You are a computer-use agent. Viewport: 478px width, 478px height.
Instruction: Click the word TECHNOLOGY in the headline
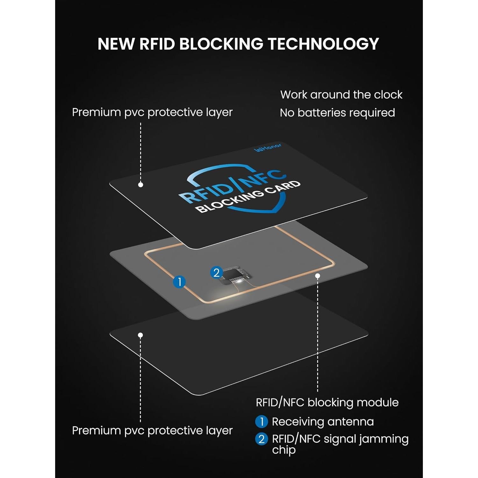(x=323, y=44)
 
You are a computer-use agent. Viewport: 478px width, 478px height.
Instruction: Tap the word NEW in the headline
(x=115, y=44)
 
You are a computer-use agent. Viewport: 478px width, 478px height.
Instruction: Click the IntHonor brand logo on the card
(x=268, y=148)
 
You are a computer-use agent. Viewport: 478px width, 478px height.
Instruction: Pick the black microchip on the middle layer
(x=236, y=275)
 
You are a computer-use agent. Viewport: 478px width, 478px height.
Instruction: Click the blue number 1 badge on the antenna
(x=179, y=282)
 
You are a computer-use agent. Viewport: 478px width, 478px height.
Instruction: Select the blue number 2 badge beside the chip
(x=216, y=272)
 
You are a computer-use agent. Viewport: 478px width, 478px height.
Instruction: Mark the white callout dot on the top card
(x=141, y=185)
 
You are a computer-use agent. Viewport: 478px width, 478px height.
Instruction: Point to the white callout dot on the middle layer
(x=317, y=276)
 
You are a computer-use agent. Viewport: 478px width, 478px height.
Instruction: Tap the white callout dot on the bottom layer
(x=140, y=335)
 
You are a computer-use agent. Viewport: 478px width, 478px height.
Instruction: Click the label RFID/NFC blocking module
(x=327, y=402)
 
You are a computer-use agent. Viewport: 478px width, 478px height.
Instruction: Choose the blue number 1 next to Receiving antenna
(x=261, y=422)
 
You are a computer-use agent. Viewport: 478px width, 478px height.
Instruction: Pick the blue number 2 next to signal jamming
(x=261, y=439)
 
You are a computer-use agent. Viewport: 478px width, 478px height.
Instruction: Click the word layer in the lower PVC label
(x=219, y=431)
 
